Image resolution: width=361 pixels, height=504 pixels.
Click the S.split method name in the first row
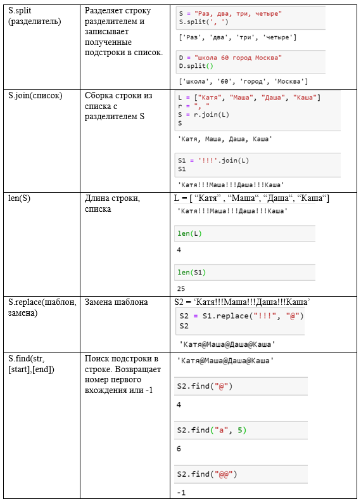[20, 11]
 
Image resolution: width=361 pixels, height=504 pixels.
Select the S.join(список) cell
[35, 96]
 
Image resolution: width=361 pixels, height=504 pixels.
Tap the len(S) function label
[19, 198]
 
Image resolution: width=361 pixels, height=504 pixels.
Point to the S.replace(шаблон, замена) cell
[42, 307]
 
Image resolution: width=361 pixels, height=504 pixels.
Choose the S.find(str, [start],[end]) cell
[31, 364]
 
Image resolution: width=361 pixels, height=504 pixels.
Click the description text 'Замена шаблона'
[117, 302]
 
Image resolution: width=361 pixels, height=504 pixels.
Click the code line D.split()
[196, 66]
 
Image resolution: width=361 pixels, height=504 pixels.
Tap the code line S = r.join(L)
[203, 115]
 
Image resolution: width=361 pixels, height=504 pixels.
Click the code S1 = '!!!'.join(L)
[213, 160]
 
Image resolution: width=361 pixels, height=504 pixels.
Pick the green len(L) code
[189, 233]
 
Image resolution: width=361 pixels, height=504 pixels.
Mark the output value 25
[181, 288]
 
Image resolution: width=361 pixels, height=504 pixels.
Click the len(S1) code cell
[191, 272]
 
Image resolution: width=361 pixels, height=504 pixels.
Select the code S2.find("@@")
[207, 474]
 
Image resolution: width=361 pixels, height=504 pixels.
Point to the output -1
[181, 493]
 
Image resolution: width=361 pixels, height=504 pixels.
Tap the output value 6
[179, 449]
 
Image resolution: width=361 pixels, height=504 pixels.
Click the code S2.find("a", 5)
[212, 430]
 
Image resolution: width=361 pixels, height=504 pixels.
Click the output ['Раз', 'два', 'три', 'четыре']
[237, 37]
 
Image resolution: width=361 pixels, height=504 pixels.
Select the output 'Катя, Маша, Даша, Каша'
[225, 139]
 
